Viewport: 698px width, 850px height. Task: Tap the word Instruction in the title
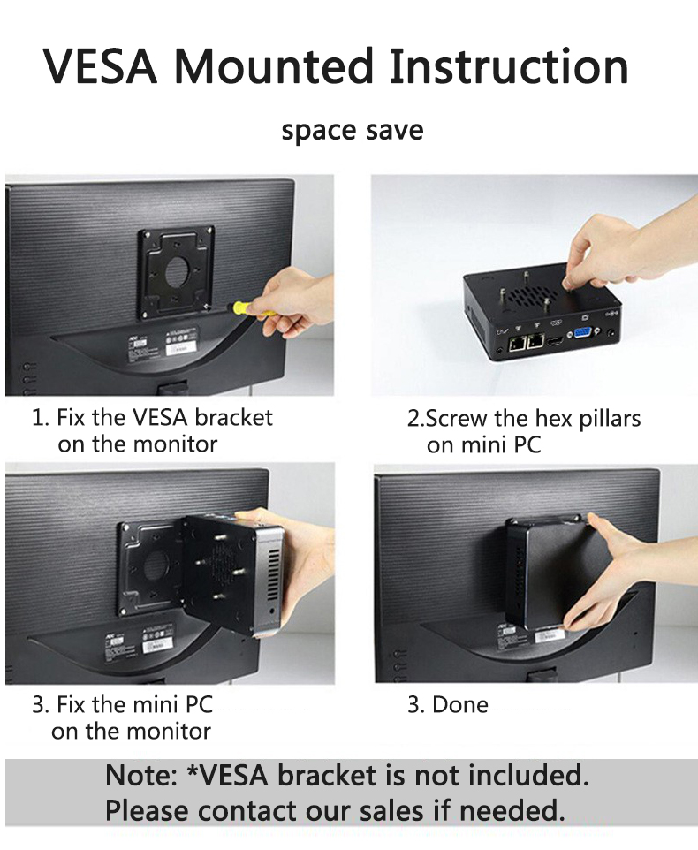(x=510, y=67)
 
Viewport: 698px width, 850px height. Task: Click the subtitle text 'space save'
(x=352, y=131)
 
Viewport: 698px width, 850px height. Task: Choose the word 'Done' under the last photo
(x=460, y=704)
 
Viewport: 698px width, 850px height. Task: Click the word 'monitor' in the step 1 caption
(x=172, y=444)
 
